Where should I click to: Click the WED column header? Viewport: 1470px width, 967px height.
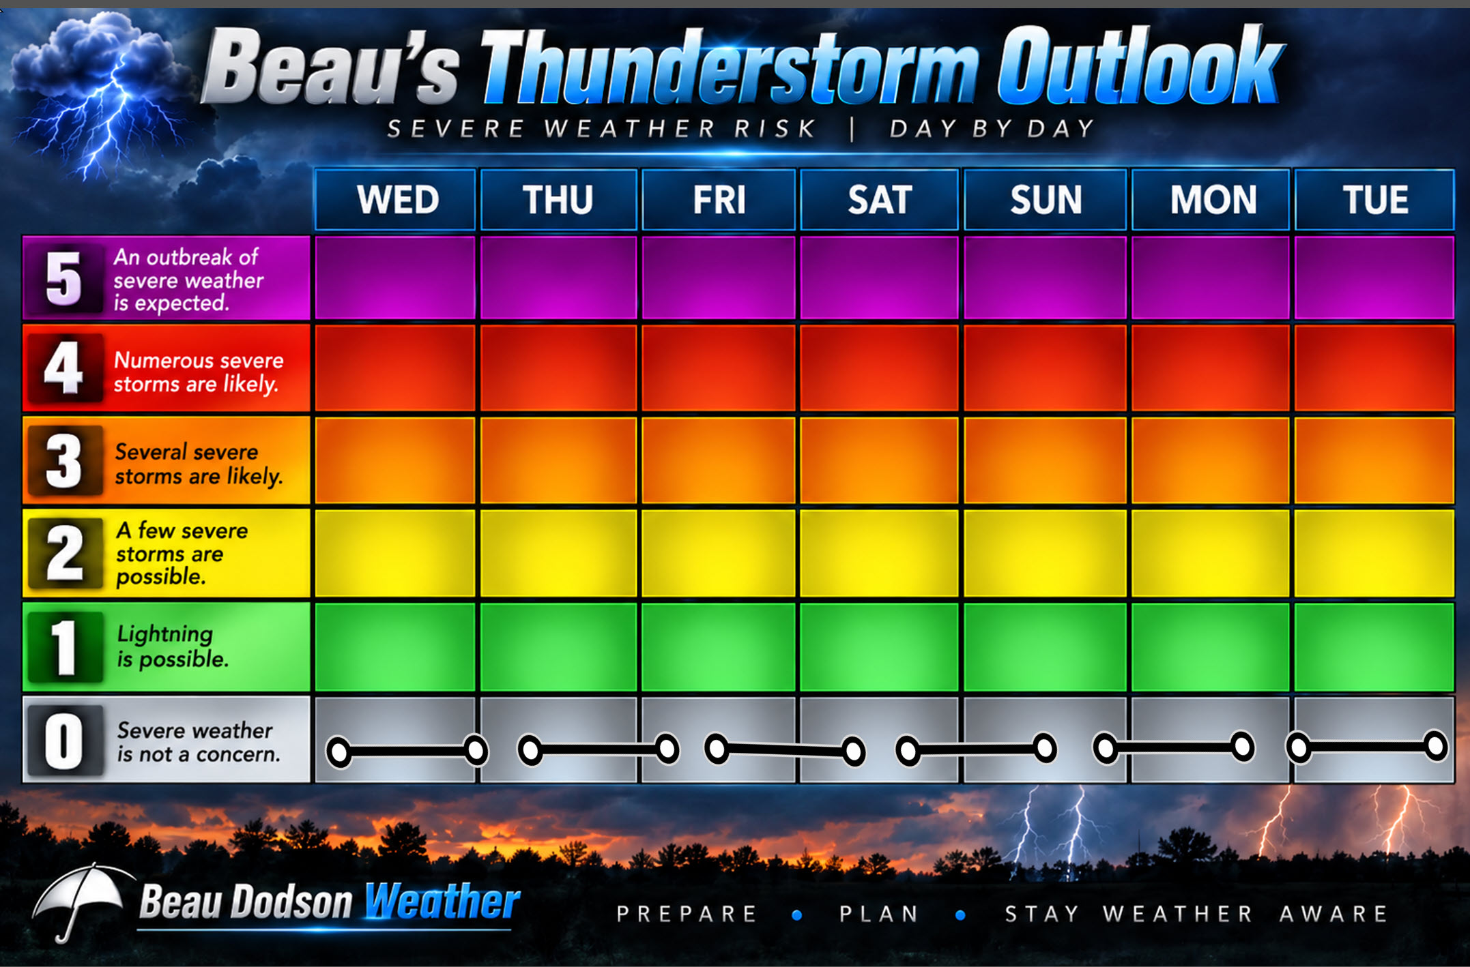tap(395, 200)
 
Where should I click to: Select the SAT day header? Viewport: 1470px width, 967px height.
tap(879, 200)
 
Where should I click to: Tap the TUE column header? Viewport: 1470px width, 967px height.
tap(1374, 200)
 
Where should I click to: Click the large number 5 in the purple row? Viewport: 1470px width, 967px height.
tap(63, 278)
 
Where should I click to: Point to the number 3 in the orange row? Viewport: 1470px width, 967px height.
tap(63, 461)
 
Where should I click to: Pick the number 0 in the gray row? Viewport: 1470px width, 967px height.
tap(63, 741)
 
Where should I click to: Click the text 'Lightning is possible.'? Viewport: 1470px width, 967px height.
tap(173, 646)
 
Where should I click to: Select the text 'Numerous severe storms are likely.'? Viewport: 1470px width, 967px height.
tap(199, 372)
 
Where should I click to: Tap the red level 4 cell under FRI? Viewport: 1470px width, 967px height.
tap(719, 368)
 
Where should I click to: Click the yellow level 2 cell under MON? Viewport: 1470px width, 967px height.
tap(1211, 553)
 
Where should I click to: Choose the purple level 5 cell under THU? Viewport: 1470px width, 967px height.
tap(558, 278)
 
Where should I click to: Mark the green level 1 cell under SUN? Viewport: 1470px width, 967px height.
tap(1045, 646)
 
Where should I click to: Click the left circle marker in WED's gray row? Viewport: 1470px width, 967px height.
tap(339, 752)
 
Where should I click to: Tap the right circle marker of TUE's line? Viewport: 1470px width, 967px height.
tap(1435, 746)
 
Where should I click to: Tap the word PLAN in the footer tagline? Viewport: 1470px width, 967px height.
tap(880, 914)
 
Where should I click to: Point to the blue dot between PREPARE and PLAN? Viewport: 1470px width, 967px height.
tap(797, 915)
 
